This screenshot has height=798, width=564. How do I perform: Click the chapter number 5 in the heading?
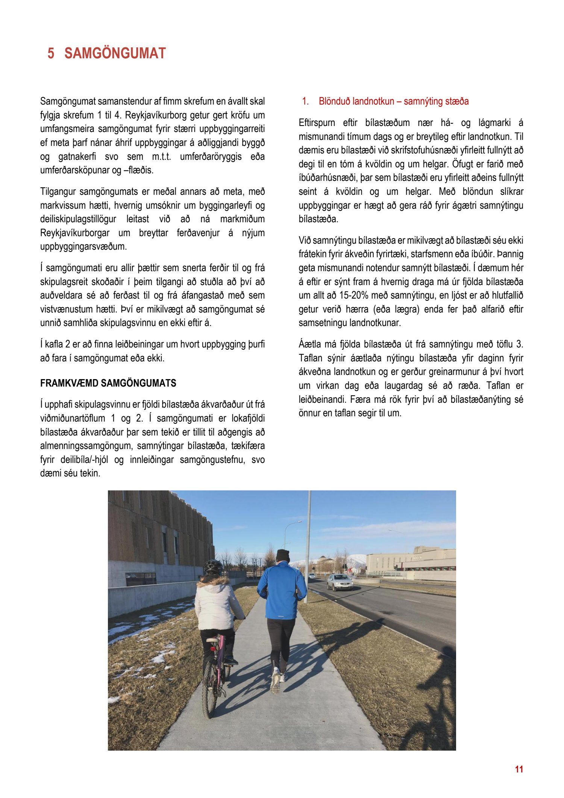(51, 53)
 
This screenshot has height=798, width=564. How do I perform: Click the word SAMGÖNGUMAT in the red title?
(115, 53)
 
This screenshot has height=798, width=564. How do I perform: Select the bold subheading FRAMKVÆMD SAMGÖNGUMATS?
(108, 383)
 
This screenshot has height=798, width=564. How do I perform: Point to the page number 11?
(519, 769)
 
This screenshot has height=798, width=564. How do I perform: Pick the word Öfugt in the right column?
(464, 164)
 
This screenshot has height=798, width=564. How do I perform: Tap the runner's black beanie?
(282, 555)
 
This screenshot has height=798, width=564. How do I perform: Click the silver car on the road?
(340, 582)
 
